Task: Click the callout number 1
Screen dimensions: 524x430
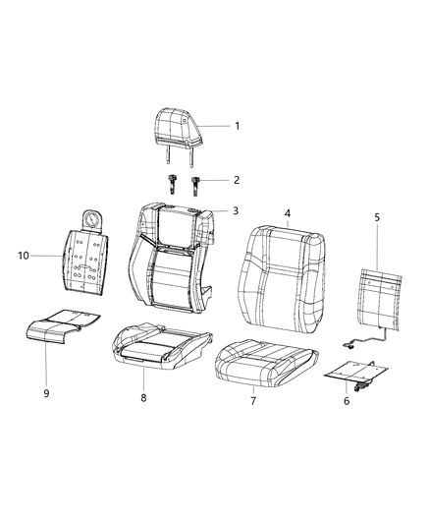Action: [x=237, y=126]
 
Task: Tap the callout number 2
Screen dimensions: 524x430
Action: [x=237, y=180]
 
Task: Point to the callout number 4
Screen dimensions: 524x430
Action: [x=287, y=212]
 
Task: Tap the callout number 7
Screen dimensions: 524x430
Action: [x=252, y=402]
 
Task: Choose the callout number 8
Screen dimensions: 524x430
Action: [x=143, y=398]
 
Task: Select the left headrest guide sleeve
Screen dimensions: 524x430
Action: [x=172, y=183]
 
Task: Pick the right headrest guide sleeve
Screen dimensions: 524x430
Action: [x=195, y=183]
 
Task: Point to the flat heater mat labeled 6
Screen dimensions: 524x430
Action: [x=355, y=375]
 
